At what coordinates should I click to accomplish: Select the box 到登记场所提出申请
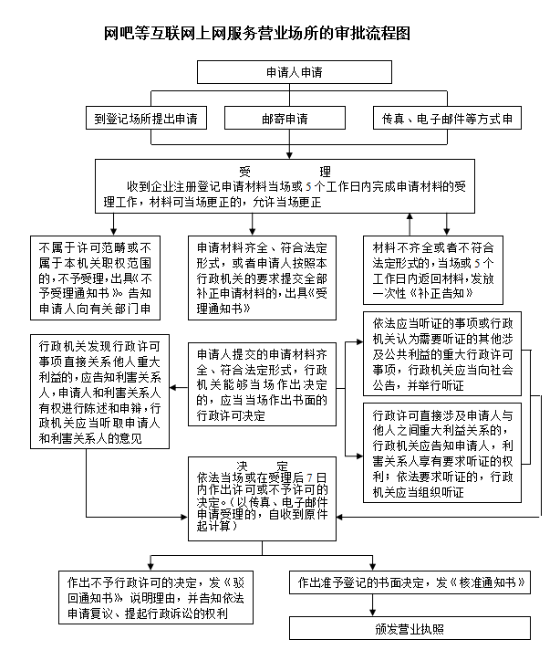(146, 119)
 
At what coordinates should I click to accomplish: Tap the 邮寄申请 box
(285, 119)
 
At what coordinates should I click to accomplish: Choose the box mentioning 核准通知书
(408, 582)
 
